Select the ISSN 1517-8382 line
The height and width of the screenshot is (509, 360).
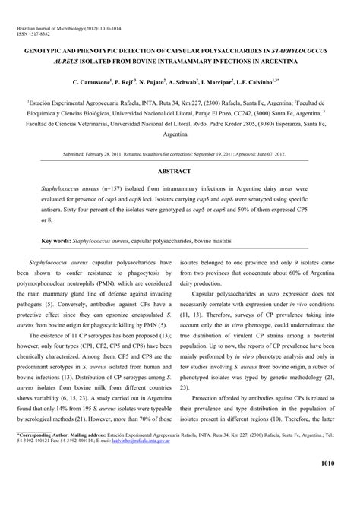point(36,35)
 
